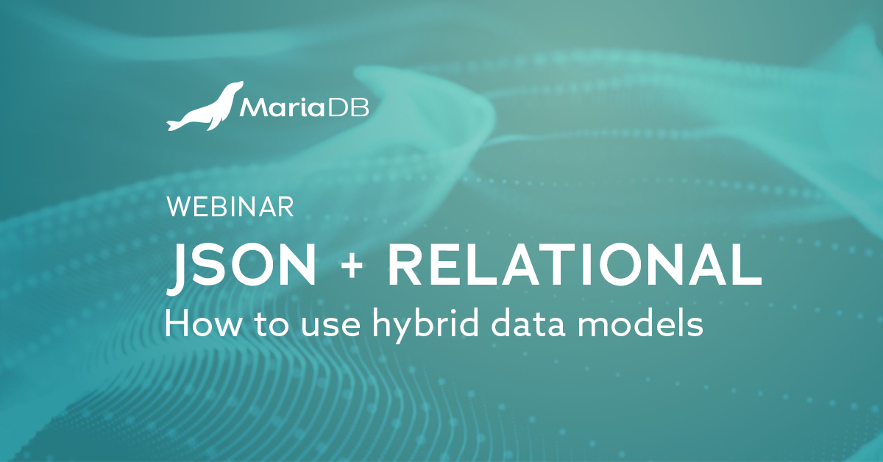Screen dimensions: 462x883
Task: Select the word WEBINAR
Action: [230, 207]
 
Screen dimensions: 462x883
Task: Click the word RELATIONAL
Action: [574, 265]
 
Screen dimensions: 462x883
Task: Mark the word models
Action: [648, 324]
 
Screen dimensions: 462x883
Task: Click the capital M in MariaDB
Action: [252, 110]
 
